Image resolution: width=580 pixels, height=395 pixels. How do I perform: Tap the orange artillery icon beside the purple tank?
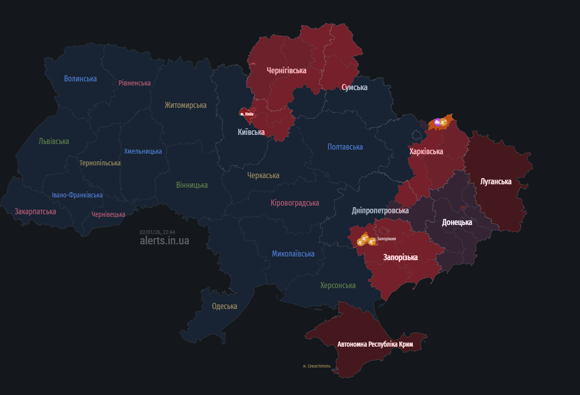point(443,123)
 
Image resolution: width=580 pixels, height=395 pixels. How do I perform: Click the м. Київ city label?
point(247,114)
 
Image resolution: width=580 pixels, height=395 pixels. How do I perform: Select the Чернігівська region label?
point(286,70)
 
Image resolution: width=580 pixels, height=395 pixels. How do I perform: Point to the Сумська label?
point(354,88)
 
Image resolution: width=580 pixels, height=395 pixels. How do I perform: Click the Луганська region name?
point(496,181)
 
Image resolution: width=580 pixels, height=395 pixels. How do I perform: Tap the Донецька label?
point(456,222)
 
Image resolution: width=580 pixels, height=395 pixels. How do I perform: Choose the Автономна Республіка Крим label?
point(375,345)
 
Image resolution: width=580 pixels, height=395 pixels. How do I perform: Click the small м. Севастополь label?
point(317,366)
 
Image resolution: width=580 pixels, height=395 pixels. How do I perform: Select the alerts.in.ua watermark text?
point(164,241)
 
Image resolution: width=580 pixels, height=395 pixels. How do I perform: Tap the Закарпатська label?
point(35,211)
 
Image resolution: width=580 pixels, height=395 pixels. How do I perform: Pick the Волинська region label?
point(80,78)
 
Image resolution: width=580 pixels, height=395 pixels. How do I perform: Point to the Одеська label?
point(225,306)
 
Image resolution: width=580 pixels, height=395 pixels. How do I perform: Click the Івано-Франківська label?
point(77,195)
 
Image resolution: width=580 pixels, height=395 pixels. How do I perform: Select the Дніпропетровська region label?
point(380,210)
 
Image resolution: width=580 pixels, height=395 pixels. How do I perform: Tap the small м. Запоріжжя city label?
point(386,238)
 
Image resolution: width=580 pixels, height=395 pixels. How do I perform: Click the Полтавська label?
point(345,147)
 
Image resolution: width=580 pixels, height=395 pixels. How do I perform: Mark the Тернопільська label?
point(100,163)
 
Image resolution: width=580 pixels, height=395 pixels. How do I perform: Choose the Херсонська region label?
point(338,285)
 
